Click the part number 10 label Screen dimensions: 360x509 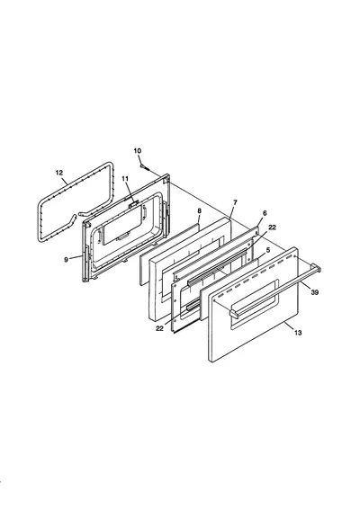pyautogui.click(x=138, y=150)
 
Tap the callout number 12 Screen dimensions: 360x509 pyautogui.click(x=59, y=173)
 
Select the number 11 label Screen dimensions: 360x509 pyautogui.click(x=125, y=179)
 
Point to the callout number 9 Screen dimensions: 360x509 pyautogui.click(x=67, y=260)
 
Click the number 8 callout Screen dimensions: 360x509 pyautogui.click(x=199, y=211)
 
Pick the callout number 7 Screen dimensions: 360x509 pyautogui.click(x=235, y=202)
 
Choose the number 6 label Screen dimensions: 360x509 pyautogui.click(x=265, y=213)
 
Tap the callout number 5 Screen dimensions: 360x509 pyautogui.click(x=267, y=250)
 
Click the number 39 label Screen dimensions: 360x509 pyautogui.click(x=314, y=292)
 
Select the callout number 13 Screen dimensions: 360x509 pyautogui.click(x=298, y=333)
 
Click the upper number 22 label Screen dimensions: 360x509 pyautogui.click(x=273, y=228)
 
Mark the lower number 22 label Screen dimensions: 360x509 pyautogui.click(x=159, y=328)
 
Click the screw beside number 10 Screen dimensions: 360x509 pyautogui.click(x=144, y=167)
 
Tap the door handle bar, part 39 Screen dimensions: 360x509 pyautogui.click(x=275, y=290)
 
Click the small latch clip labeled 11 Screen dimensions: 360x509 pyautogui.click(x=133, y=204)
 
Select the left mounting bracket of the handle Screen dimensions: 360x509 pyautogui.click(x=234, y=313)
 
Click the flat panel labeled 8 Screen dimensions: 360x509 pyautogui.click(x=169, y=254)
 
